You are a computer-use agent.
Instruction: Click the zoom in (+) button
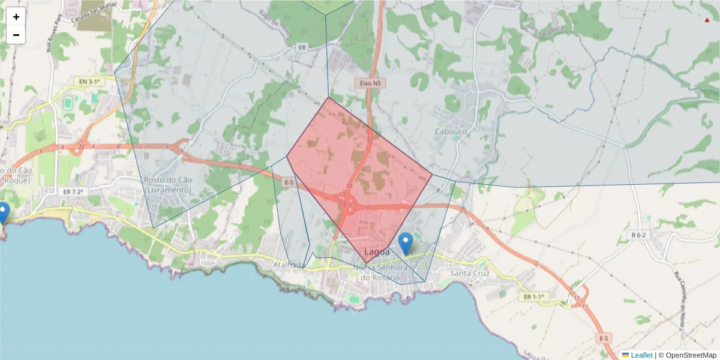16,17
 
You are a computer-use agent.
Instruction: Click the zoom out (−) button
16,35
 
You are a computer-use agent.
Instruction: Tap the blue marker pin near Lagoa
406,242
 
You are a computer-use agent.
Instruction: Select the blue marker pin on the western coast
3,212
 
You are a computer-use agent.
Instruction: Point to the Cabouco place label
451,131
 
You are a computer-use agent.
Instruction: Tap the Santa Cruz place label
470,274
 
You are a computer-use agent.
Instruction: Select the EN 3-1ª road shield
87,80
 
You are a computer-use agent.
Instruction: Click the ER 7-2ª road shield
75,191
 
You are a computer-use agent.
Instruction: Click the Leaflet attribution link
641,355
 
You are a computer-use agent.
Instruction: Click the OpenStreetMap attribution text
688,355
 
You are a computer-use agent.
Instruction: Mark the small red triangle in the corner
707,20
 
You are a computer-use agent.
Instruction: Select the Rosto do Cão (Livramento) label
167,185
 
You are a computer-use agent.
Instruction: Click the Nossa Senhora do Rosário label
380,272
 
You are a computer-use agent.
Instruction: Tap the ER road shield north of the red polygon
302,47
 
